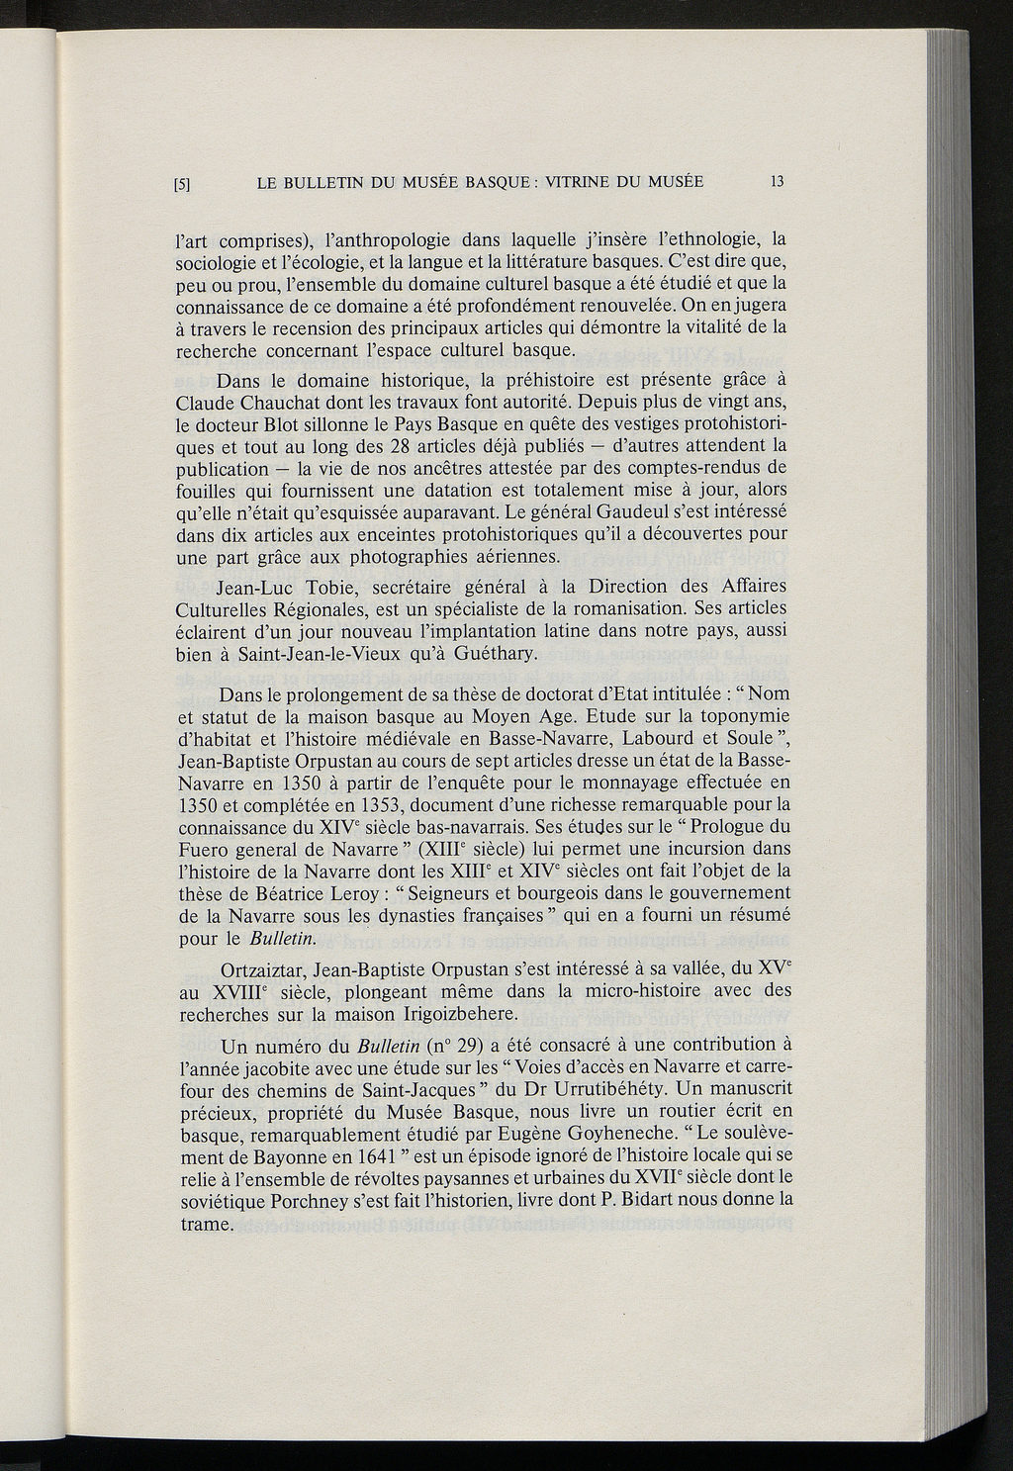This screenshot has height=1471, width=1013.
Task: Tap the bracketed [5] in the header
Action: pyautogui.click(x=182, y=183)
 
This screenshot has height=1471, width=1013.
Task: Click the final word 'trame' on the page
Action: pyautogui.click(x=204, y=1222)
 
